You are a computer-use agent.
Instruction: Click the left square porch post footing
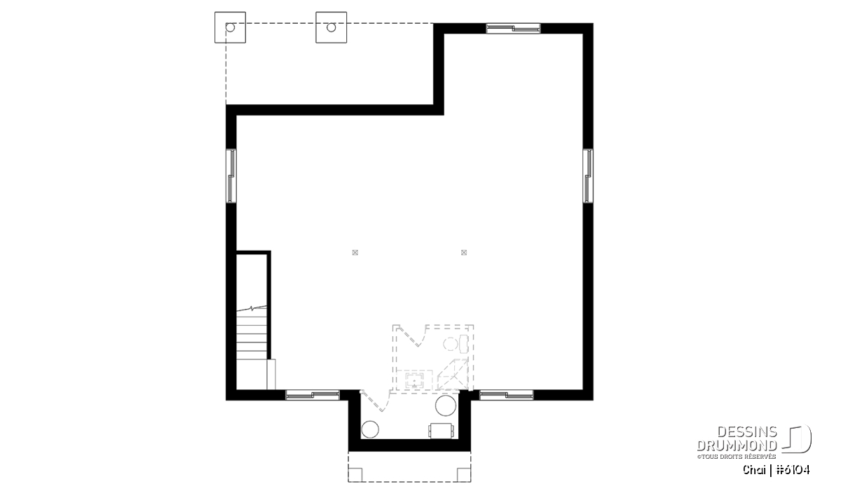[230, 27]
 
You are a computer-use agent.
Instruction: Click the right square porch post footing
[331, 27]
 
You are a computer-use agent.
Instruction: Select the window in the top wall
[513, 28]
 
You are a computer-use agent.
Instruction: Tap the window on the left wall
[231, 176]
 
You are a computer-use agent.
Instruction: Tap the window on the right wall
[588, 176]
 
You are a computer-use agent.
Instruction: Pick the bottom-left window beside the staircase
[313, 395]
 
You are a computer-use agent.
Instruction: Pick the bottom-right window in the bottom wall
[507, 395]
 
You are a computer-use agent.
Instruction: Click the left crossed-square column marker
[355, 253]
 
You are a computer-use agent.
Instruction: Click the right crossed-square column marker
[464, 253]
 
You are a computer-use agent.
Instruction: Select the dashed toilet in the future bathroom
[456, 344]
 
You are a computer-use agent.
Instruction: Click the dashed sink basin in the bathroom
[414, 380]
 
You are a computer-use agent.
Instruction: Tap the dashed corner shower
[453, 375]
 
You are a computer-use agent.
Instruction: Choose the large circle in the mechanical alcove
[446, 406]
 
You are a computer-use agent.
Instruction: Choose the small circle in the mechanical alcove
[370, 429]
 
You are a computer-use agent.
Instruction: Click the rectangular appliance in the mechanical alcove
[442, 431]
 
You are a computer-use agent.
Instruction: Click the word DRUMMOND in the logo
[737, 445]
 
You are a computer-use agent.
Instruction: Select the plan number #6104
[793, 470]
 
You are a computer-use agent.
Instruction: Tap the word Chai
[754, 470]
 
